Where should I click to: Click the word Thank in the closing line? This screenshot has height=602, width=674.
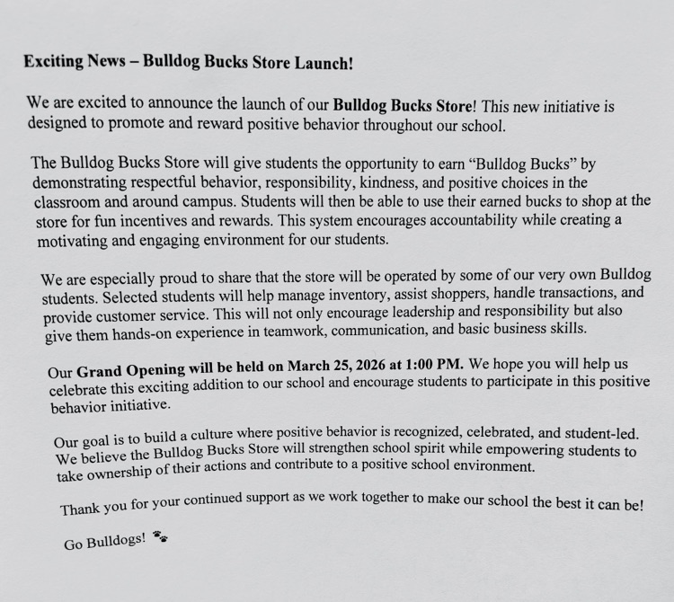(81, 510)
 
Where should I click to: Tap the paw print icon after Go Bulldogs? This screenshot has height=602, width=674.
(160, 538)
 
